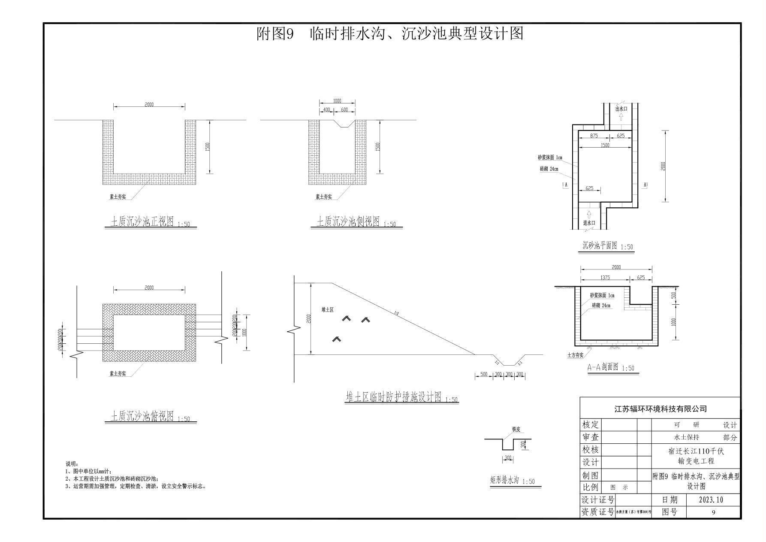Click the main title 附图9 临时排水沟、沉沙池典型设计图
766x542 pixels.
click(x=390, y=33)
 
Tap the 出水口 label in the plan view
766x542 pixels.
click(x=621, y=109)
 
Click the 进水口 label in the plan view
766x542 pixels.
click(x=589, y=223)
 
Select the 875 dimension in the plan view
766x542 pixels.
click(x=594, y=136)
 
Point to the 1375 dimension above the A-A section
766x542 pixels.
click(x=605, y=278)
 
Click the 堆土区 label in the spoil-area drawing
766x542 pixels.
click(x=327, y=309)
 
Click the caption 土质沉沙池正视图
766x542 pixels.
click(x=142, y=222)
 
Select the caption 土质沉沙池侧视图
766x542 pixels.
click(x=348, y=222)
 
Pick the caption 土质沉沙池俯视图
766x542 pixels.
click(x=142, y=416)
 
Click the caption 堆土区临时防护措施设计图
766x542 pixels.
click(x=393, y=397)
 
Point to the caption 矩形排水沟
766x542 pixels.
click(x=504, y=480)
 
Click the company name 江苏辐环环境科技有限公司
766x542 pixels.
click(x=660, y=409)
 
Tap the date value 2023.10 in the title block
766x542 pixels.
click(x=711, y=500)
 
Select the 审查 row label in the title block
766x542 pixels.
click(x=590, y=437)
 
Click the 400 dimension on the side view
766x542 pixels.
click(x=326, y=110)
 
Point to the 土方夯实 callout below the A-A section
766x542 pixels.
click(x=575, y=355)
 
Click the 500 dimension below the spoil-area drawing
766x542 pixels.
click(x=483, y=374)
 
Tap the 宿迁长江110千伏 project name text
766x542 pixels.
click(x=696, y=451)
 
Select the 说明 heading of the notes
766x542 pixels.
click(x=71, y=464)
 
